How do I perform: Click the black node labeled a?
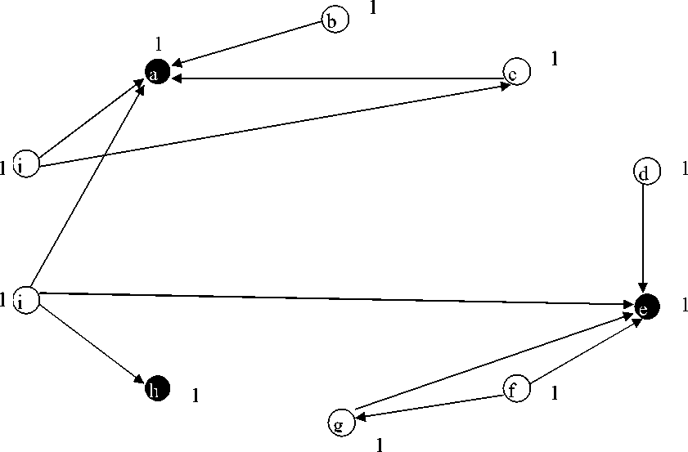pyautogui.click(x=157, y=73)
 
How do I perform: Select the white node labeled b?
pyautogui.click(x=335, y=20)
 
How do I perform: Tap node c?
pyautogui.click(x=516, y=72)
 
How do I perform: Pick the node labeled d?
pyautogui.click(x=645, y=172)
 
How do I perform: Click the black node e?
pyautogui.click(x=646, y=307)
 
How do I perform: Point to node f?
pyautogui.click(x=516, y=390)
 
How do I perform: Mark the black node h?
pyautogui.click(x=157, y=388)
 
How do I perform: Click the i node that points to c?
pyautogui.click(x=27, y=164)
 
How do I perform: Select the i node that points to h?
pyautogui.click(x=27, y=299)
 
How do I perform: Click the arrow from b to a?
pyautogui.click(x=245, y=43)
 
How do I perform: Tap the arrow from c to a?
pyautogui.click(x=335, y=78)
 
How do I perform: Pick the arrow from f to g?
pyautogui.click(x=429, y=406)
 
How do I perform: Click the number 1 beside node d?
pyautogui.click(x=685, y=170)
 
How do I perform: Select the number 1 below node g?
pyautogui.click(x=380, y=445)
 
